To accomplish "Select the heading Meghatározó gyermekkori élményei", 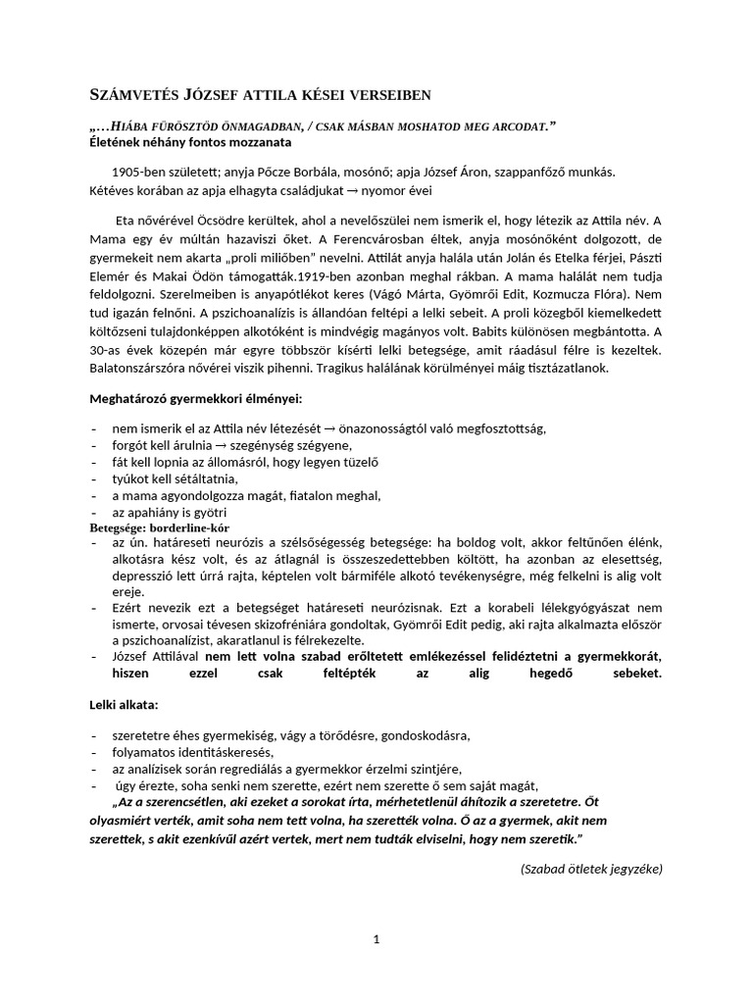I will [x=196, y=400].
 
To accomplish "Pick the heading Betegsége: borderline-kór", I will [x=159, y=527].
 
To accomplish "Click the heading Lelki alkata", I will [x=124, y=704].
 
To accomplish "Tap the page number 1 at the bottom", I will [x=376, y=939].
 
